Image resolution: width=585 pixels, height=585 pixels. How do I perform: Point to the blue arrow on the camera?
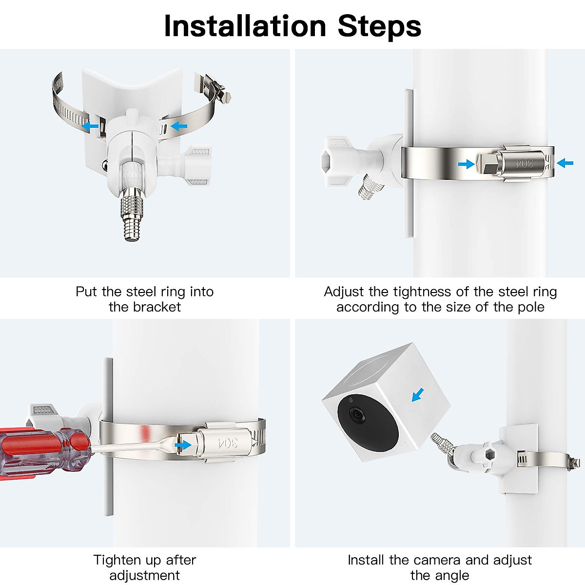click(x=418, y=395)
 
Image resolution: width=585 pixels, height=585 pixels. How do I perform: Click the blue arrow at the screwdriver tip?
click(x=183, y=445)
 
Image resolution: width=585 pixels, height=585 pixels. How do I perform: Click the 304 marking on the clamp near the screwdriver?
click(x=228, y=443)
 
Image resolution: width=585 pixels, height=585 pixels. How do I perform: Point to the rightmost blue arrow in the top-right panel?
click(x=565, y=163)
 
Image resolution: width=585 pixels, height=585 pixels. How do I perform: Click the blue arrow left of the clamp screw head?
click(x=466, y=164)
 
